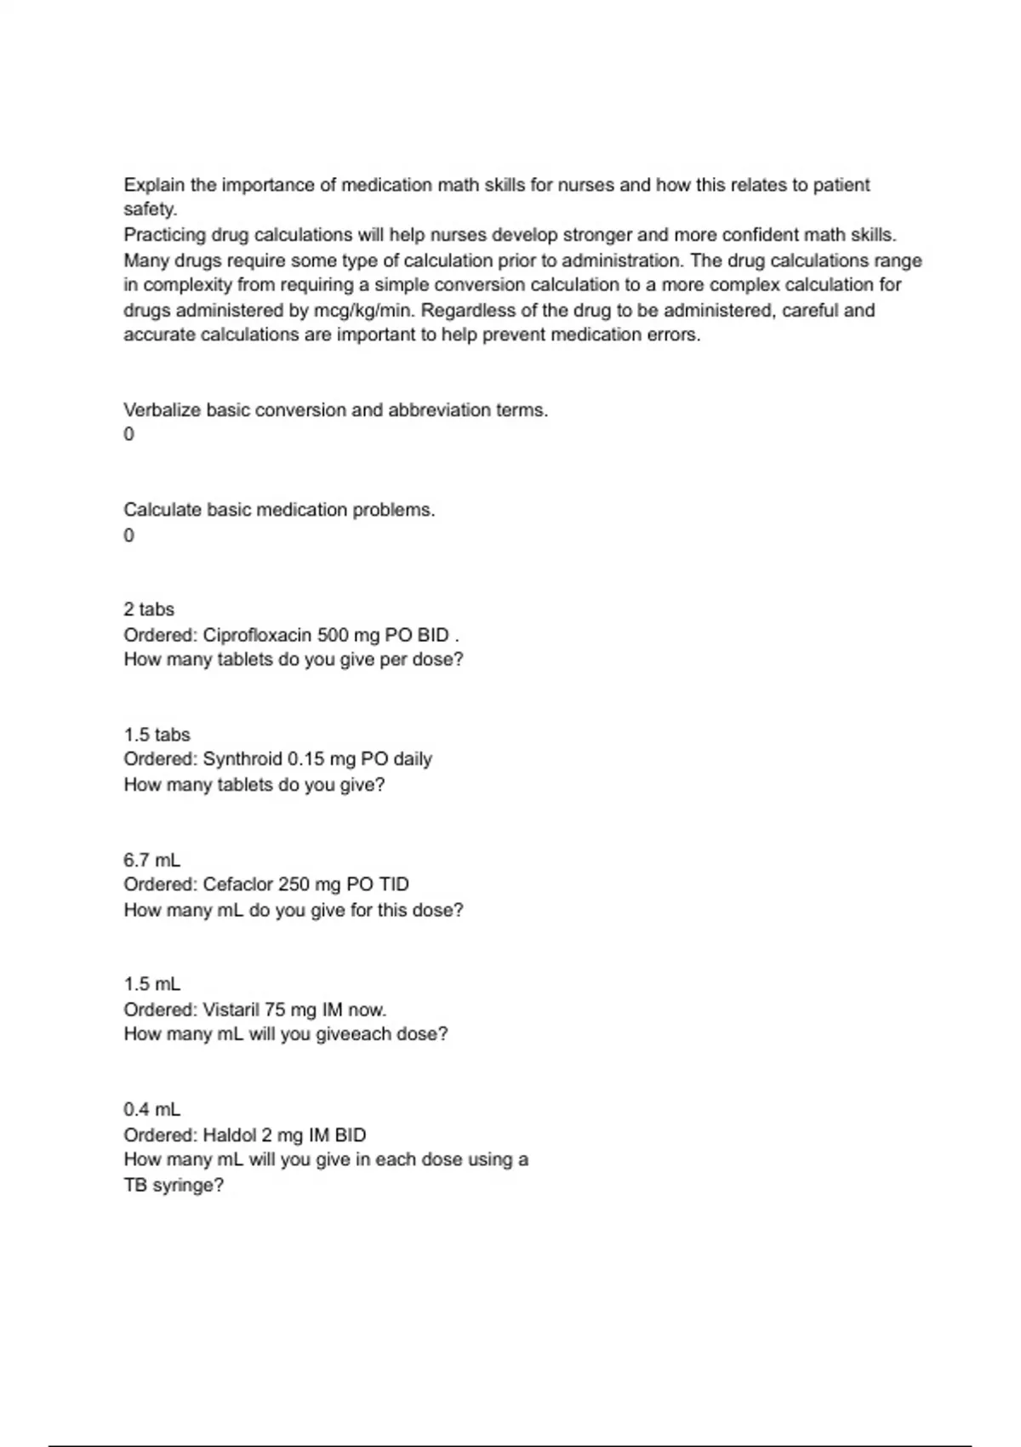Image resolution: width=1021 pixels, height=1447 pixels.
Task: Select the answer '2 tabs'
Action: tap(149, 609)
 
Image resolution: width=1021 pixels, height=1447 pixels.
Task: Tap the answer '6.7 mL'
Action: tap(152, 860)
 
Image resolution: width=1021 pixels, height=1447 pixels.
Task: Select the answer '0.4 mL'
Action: tap(152, 1110)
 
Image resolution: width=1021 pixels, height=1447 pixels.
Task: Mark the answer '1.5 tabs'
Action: tap(157, 735)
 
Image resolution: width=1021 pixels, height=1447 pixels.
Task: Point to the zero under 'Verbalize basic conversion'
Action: tap(129, 434)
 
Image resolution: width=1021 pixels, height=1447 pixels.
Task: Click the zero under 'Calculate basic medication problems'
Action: tap(129, 535)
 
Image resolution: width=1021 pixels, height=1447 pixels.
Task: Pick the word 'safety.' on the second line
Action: tap(151, 209)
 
